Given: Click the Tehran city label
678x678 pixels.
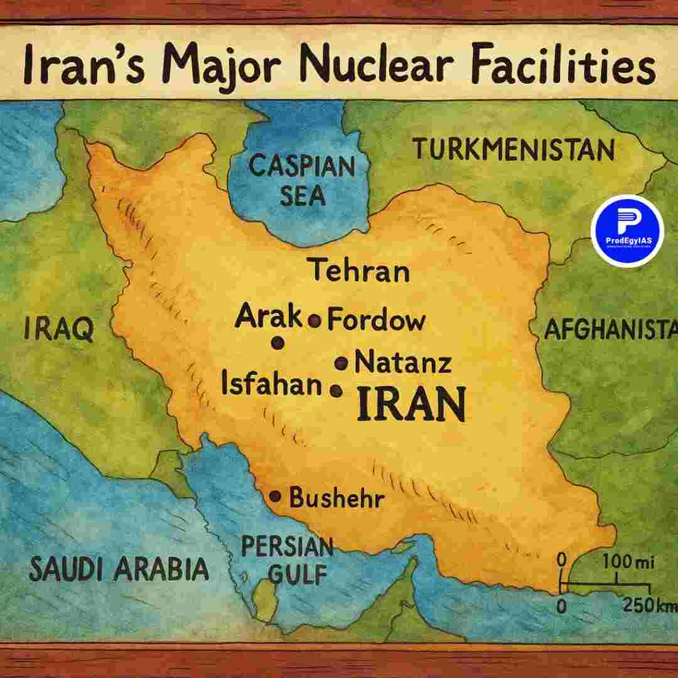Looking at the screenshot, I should [360, 271].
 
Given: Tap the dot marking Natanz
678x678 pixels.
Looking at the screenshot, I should [342, 363].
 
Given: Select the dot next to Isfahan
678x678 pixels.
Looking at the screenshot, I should [336, 390].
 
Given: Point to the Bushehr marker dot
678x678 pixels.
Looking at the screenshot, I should [275, 496].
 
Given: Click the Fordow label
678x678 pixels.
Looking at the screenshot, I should [376, 320].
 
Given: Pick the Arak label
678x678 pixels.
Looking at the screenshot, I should [269, 317].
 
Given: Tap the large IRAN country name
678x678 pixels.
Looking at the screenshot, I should [411, 405].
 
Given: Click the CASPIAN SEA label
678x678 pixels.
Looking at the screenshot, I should [302, 181].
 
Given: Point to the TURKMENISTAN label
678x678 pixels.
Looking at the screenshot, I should [513, 150].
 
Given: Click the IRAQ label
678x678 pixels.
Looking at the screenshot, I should [58, 329].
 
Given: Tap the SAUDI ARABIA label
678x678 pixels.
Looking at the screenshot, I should [119, 569].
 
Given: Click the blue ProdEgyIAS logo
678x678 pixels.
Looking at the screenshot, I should [627, 230].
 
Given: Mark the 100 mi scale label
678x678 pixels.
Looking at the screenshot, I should [628, 562].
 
